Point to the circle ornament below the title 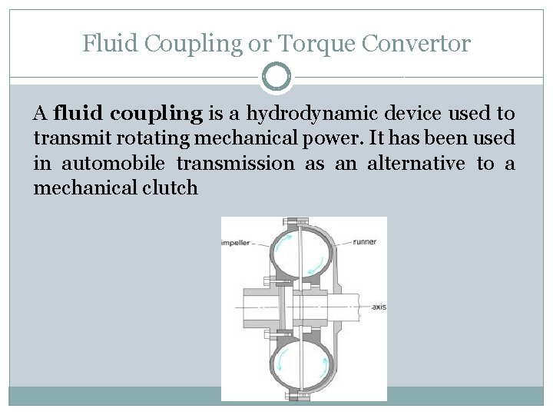click(x=276, y=77)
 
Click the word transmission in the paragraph click(x=235, y=164)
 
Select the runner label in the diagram click(x=364, y=242)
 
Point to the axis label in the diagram click(x=378, y=307)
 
